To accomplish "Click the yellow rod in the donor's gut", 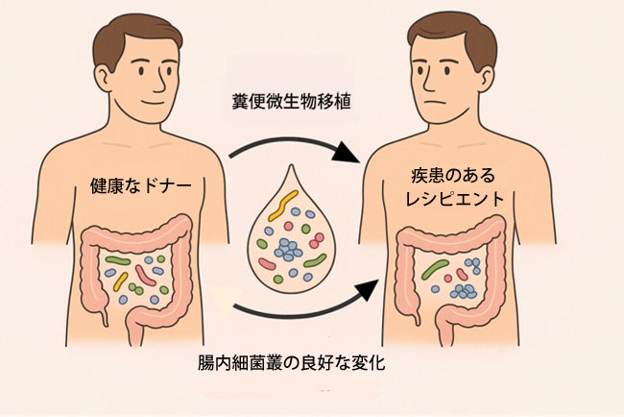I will click(x=121, y=282).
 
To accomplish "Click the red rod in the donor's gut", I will click(x=146, y=276).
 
